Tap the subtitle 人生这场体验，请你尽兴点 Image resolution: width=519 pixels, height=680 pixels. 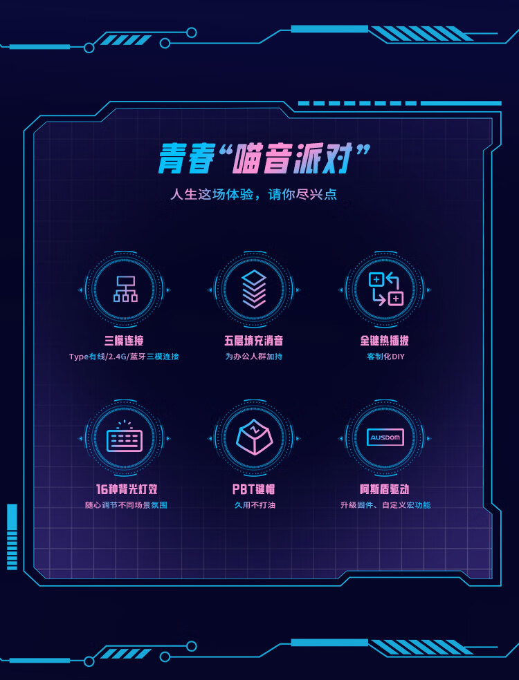254,194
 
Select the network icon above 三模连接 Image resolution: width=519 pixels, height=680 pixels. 125,289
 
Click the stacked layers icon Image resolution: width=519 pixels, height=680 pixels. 254,289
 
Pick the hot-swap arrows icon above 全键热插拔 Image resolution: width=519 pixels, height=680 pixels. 385,289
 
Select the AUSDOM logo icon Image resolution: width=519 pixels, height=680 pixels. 385,437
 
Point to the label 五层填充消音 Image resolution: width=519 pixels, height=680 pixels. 254,341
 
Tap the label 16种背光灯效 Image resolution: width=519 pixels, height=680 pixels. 126,489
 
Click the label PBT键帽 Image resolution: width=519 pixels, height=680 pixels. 254,489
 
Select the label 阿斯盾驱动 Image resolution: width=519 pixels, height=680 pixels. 385,489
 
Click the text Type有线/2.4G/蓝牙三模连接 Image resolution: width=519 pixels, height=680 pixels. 125,357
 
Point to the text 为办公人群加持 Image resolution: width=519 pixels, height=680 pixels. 254,357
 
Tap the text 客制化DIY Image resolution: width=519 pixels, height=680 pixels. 385,357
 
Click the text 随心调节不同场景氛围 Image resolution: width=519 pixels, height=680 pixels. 126,505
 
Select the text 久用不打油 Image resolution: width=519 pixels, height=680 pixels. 254,505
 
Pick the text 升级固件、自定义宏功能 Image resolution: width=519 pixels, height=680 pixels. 385,505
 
